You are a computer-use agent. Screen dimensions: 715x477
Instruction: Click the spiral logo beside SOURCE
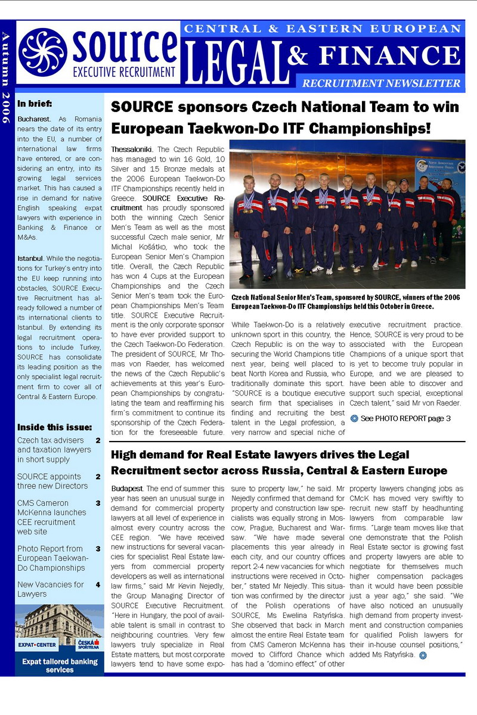pyautogui.click(x=44, y=52)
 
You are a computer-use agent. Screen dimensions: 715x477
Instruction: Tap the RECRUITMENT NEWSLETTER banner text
pyautogui.click(x=381, y=83)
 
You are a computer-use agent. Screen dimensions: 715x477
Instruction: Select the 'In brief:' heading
pyautogui.click(x=35, y=103)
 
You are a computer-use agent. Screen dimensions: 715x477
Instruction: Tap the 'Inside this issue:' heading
pyautogui.click(x=54, y=427)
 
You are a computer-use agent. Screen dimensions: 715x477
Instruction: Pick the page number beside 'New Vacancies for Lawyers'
pyautogui.click(x=98, y=585)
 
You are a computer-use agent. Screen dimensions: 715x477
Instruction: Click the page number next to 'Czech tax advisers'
pyautogui.click(x=98, y=441)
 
